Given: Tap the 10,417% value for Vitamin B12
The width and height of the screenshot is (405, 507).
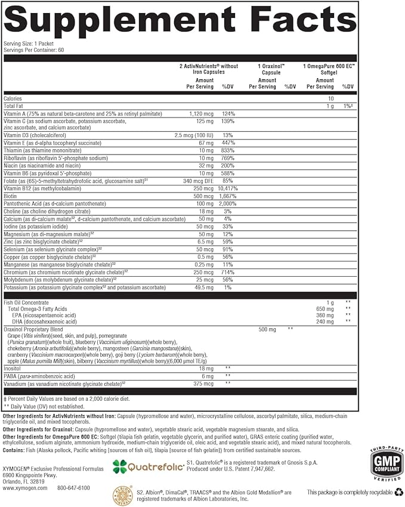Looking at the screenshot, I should click(228, 188).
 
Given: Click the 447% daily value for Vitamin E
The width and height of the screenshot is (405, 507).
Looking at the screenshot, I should click(227, 143).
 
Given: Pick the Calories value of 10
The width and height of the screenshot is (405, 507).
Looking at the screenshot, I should click(330, 98).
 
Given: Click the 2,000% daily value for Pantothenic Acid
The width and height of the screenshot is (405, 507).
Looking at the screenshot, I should click(227, 203).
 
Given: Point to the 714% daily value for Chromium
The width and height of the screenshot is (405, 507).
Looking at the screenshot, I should click(227, 271).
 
